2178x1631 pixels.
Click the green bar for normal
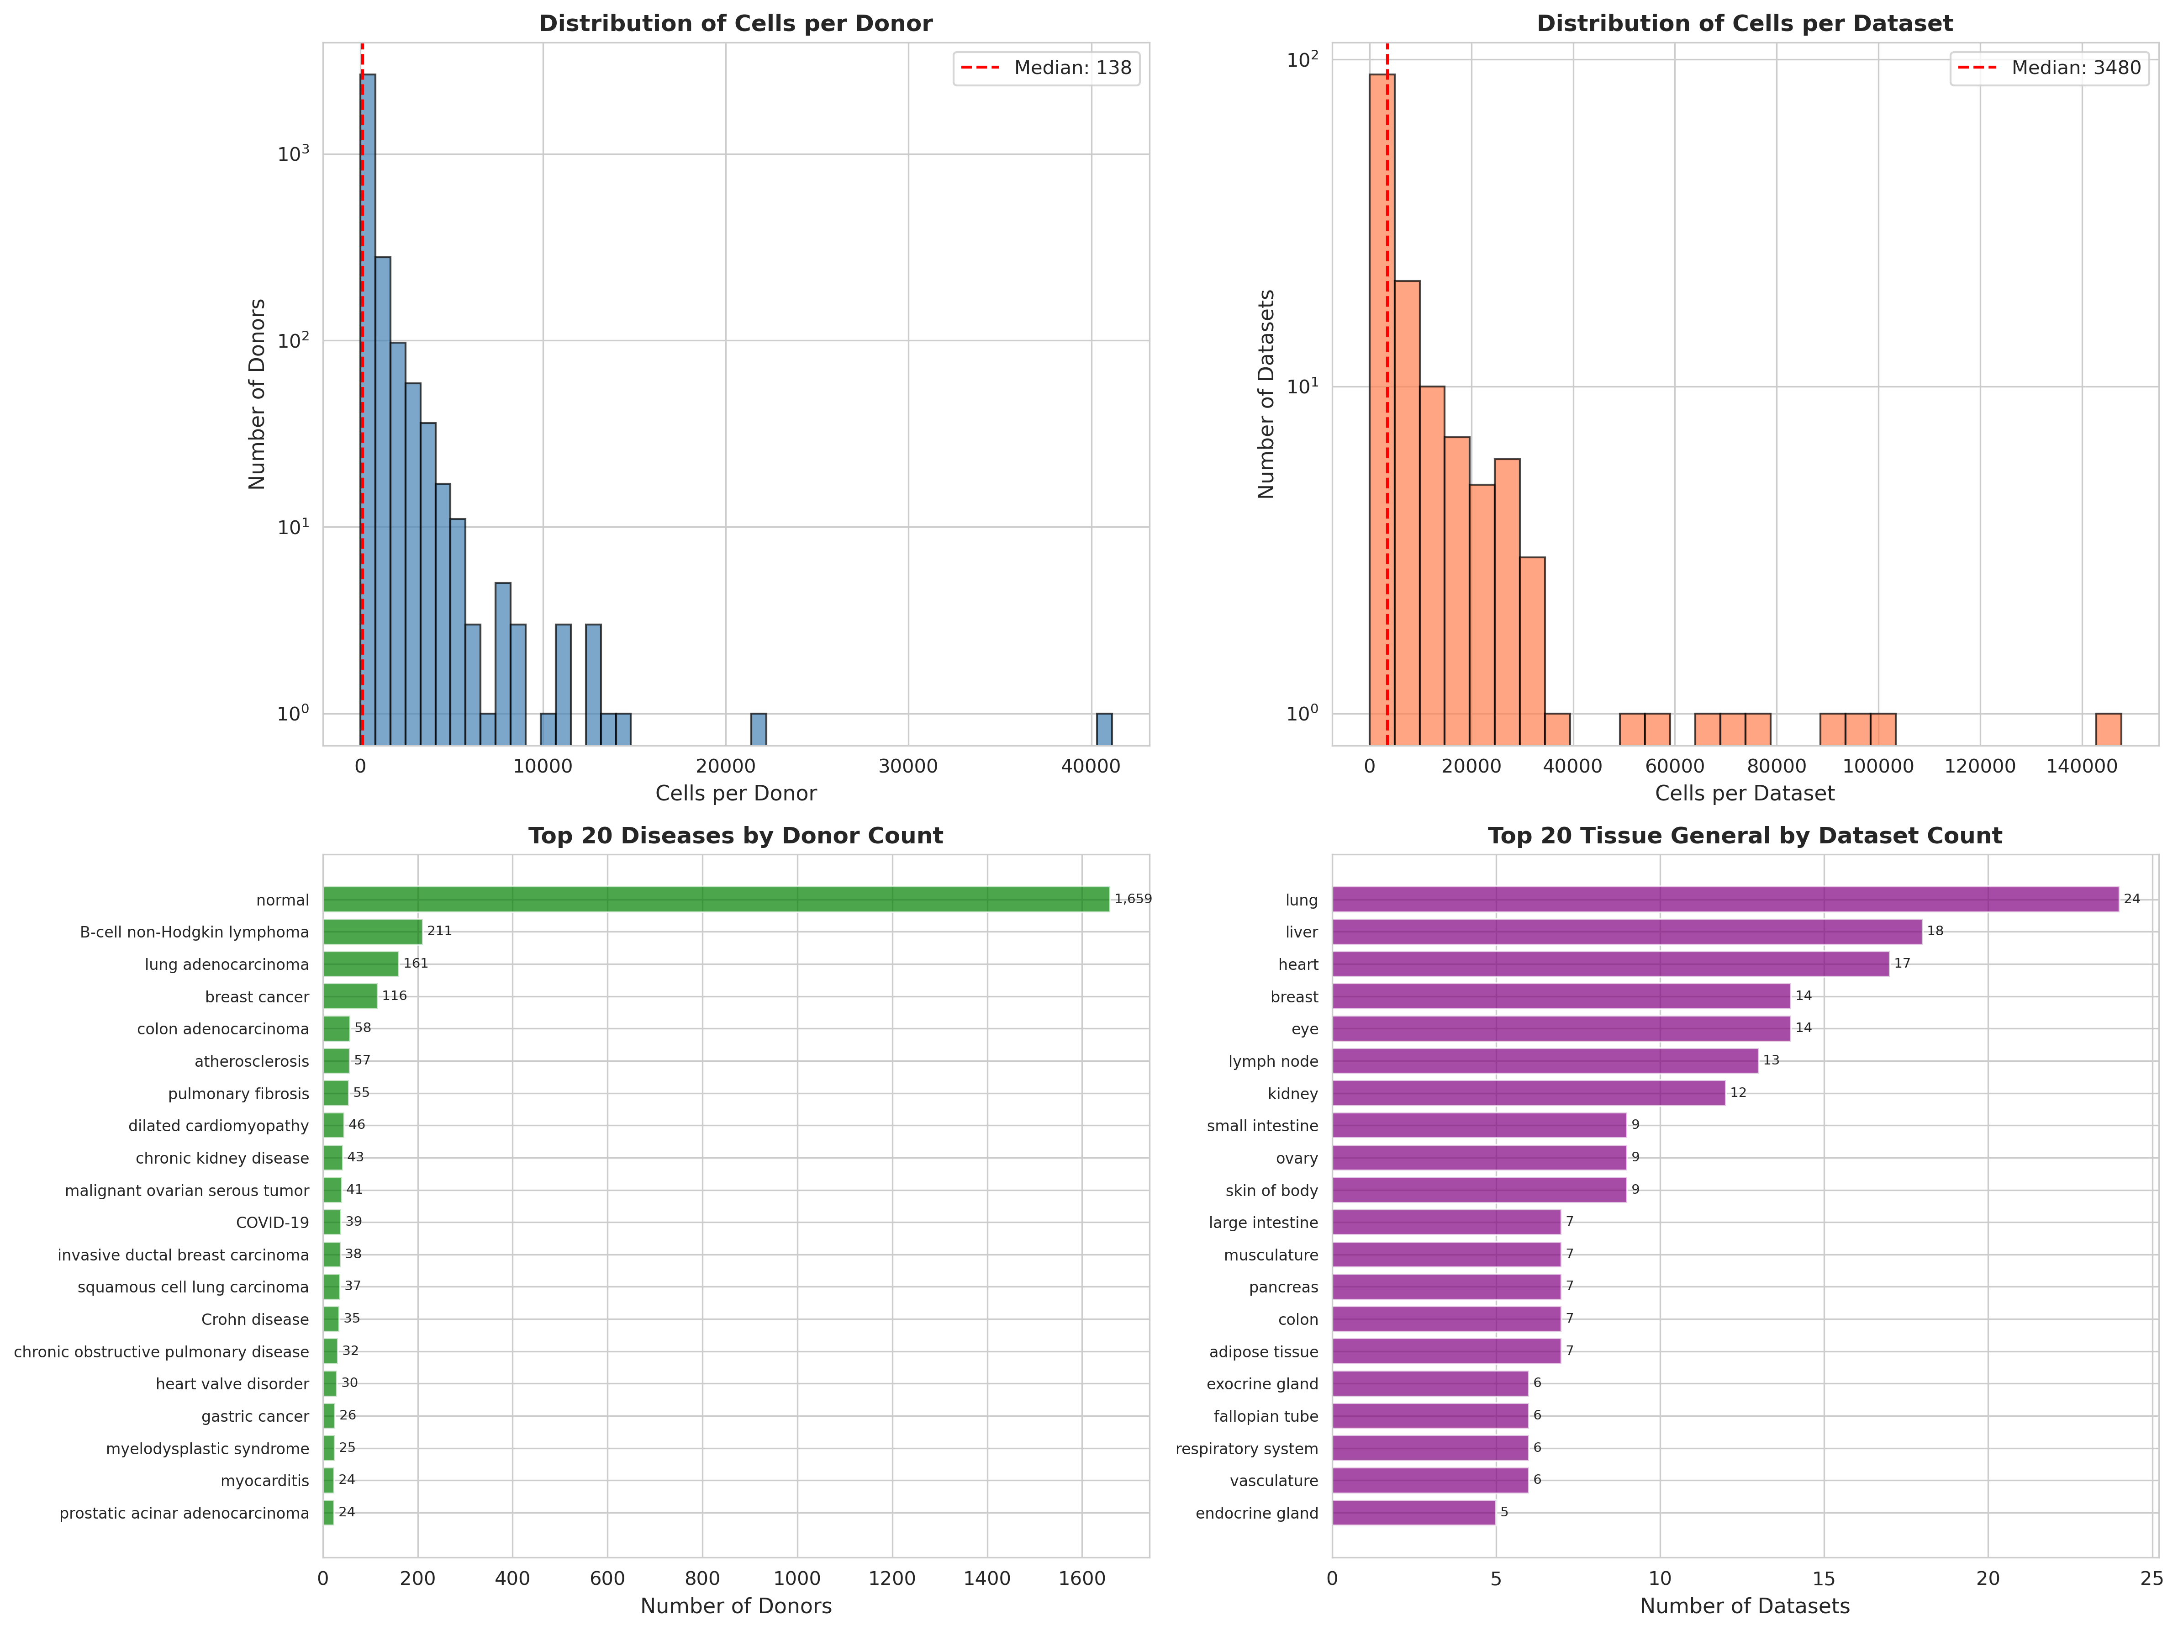(x=716, y=899)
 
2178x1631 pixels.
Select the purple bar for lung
(x=1725, y=899)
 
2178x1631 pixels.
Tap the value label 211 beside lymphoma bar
(x=439, y=931)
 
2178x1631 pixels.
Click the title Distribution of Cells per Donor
(x=736, y=24)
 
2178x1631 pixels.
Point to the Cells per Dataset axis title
(x=1745, y=794)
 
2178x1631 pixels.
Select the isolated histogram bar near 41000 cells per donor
(x=1105, y=729)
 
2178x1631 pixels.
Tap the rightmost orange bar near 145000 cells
(x=2108, y=729)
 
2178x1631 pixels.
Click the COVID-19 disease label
(x=273, y=1222)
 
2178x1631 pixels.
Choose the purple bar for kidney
(x=1528, y=1093)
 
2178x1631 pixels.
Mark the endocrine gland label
(x=1256, y=1513)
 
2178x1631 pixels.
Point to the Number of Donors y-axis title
(x=257, y=394)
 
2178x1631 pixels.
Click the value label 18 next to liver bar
(x=1935, y=931)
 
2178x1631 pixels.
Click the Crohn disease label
(x=255, y=1319)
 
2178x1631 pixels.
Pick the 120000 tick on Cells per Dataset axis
(x=1980, y=766)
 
